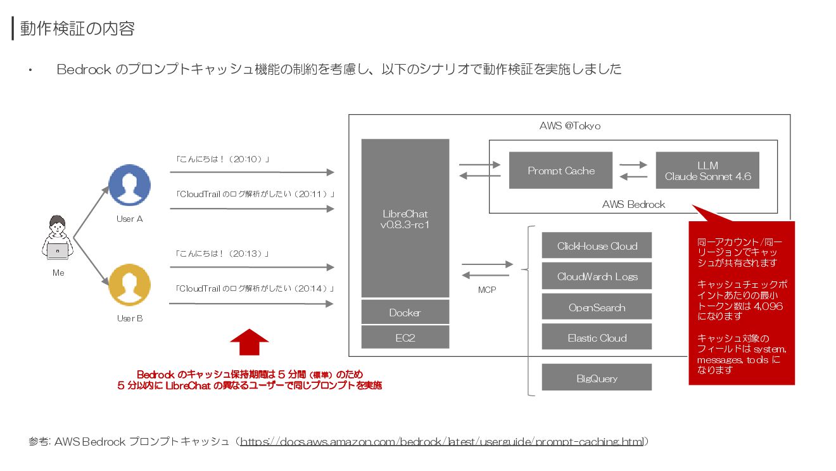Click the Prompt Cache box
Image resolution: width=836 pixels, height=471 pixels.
[x=560, y=170]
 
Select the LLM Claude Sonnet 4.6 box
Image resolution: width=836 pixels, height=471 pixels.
[x=707, y=171]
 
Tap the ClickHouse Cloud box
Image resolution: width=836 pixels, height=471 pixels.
[x=597, y=246]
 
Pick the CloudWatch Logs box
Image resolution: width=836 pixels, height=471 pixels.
[x=597, y=276]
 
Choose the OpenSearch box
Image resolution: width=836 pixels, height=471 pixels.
[x=597, y=307]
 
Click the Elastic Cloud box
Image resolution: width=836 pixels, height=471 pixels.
[x=597, y=338]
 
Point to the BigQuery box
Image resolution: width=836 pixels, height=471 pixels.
[x=597, y=378]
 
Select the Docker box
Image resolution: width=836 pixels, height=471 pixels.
[x=405, y=313]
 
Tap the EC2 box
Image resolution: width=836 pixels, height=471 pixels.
[x=405, y=338]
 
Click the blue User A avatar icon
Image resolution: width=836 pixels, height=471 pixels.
[x=129, y=185]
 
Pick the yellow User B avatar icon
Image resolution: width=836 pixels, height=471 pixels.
[x=129, y=285]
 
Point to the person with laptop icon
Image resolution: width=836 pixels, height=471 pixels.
[x=58, y=240]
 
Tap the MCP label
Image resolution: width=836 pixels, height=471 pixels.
[x=487, y=290]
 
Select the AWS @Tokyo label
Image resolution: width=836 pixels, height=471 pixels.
[x=570, y=126]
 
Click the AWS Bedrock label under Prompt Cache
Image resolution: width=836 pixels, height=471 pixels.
[x=633, y=204]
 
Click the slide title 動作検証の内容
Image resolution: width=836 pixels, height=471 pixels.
[x=77, y=29]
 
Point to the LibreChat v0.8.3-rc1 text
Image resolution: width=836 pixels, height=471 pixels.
[x=405, y=219]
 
